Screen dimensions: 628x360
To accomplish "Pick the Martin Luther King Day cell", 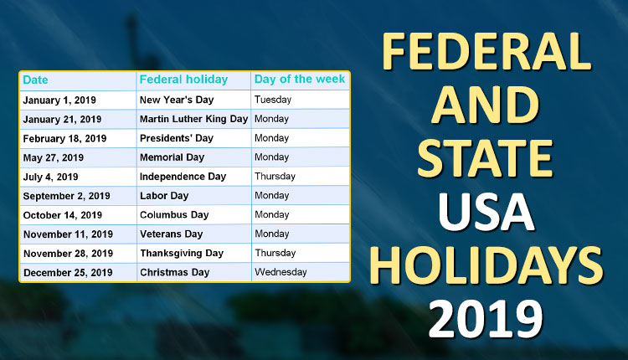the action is pyautogui.click(x=194, y=119).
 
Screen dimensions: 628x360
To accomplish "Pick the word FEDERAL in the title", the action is pyautogui.click(x=486, y=52).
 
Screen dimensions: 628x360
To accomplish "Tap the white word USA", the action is pyautogui.click(x=486, y=212).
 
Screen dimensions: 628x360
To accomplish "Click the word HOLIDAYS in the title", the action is pyautogui.click(x=486, y=265).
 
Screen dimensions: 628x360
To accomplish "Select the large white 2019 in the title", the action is pyautogui.click(x=486, y=319).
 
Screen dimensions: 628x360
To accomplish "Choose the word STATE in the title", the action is pyautogui.click(x=485, y=158).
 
